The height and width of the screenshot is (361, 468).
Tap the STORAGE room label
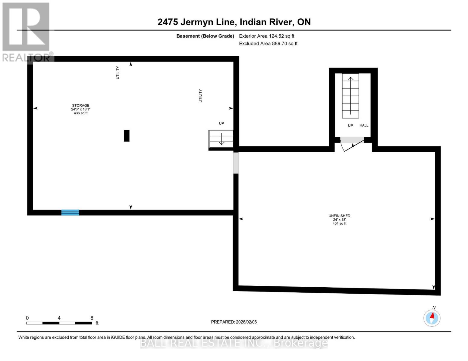(80, 106)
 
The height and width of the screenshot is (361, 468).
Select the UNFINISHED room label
(339, 216)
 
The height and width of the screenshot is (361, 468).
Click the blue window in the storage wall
(70, 212)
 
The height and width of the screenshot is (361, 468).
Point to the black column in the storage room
(127, 136)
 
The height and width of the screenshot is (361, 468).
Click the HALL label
(364, 125)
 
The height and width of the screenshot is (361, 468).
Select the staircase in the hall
(350, 96)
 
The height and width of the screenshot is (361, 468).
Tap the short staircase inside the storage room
(221, 139)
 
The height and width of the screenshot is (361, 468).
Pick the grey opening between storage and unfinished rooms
(236, 163)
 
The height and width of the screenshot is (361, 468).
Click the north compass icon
(432, 318)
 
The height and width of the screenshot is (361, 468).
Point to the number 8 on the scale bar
(92, 318)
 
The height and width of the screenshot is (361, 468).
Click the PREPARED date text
(234, 322)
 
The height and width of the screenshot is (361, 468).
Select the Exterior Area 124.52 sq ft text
(266, 36)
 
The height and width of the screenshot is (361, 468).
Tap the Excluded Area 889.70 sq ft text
(268, 44)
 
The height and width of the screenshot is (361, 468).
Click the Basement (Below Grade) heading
(205, 36)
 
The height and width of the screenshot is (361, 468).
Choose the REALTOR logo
(26, 32)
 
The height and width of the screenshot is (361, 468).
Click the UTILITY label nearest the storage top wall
(118, 73)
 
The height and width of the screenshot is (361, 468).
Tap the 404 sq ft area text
(339, 224)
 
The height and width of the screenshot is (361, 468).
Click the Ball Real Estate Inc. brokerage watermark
(234, 343)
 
